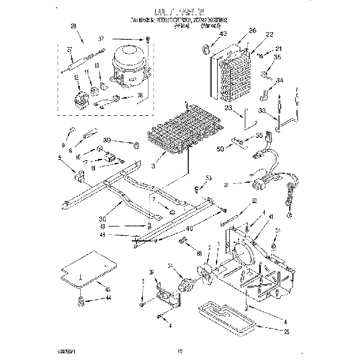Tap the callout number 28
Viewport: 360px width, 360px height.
[x=74, y=26]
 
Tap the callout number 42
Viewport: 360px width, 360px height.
[x=223, y=34]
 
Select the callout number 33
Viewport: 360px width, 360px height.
[x=262, y=111]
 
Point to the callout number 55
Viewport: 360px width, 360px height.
[x=259, y=136]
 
